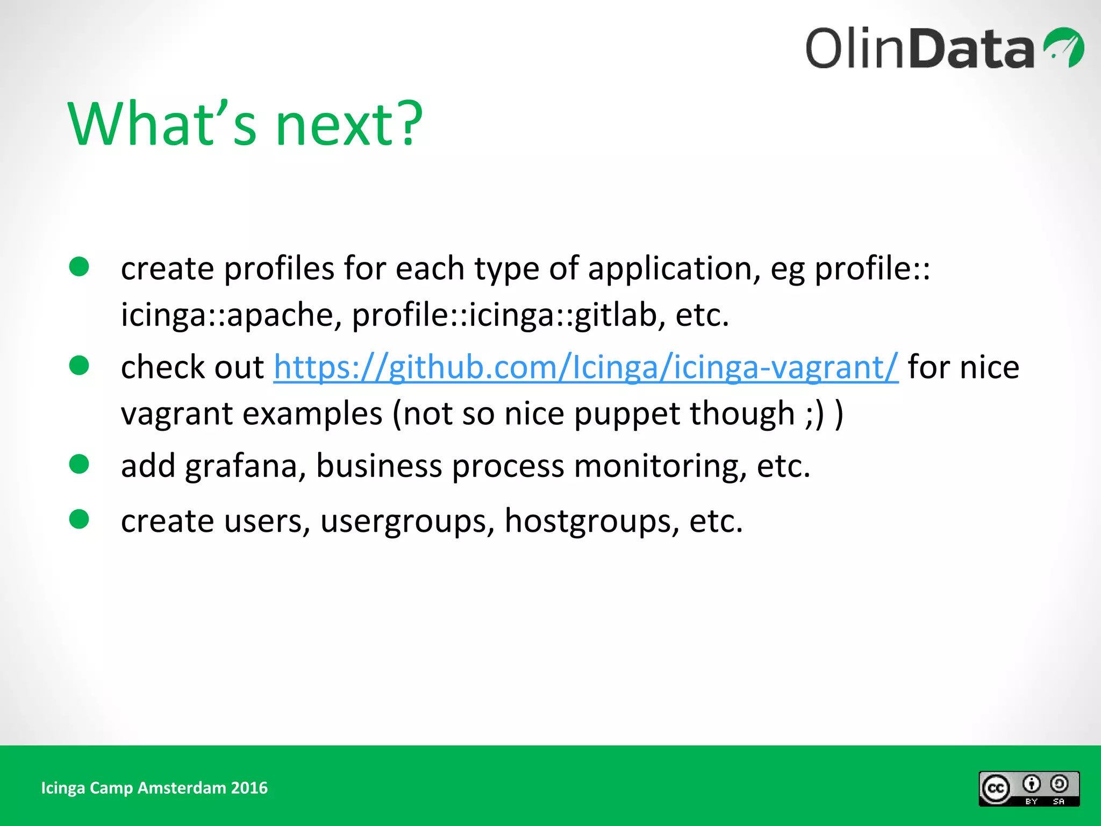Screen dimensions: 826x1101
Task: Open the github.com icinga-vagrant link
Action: pyautogui.click(x=585, y=368)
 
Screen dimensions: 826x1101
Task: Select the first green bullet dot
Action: pyautogui.click(x=79, y=267)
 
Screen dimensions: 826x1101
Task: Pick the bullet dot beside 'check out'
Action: pyautogui.click(x=79, y=366)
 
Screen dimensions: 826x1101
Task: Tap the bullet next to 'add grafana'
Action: pyautogui.click(x=79, y=464)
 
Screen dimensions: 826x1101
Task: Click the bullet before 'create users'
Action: pyautogui.click(x=79, y=519)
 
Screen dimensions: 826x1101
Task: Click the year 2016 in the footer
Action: pyautogui.click(x=249, y=788)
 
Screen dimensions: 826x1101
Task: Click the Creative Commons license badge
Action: pyautogui.click(x=1028, y=789)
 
